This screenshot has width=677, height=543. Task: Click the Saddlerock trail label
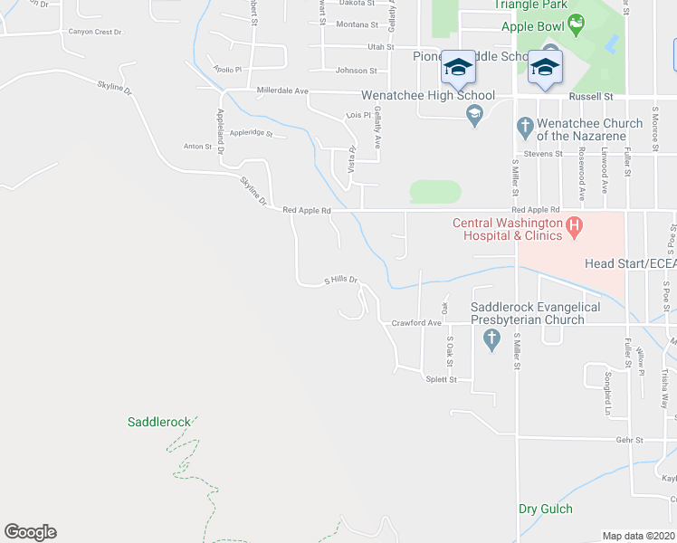159,422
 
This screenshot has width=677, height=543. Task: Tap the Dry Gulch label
546,509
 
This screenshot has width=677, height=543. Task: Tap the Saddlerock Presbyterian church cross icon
491,340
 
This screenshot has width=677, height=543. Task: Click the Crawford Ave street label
416,323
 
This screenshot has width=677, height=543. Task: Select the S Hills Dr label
342,281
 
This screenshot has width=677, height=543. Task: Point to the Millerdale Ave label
282,90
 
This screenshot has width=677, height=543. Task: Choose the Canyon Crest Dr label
95,33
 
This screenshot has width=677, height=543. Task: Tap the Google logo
30,532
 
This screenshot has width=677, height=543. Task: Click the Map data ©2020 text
638,536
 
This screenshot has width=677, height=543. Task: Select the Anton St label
196,146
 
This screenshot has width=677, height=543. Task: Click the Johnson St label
356,71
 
